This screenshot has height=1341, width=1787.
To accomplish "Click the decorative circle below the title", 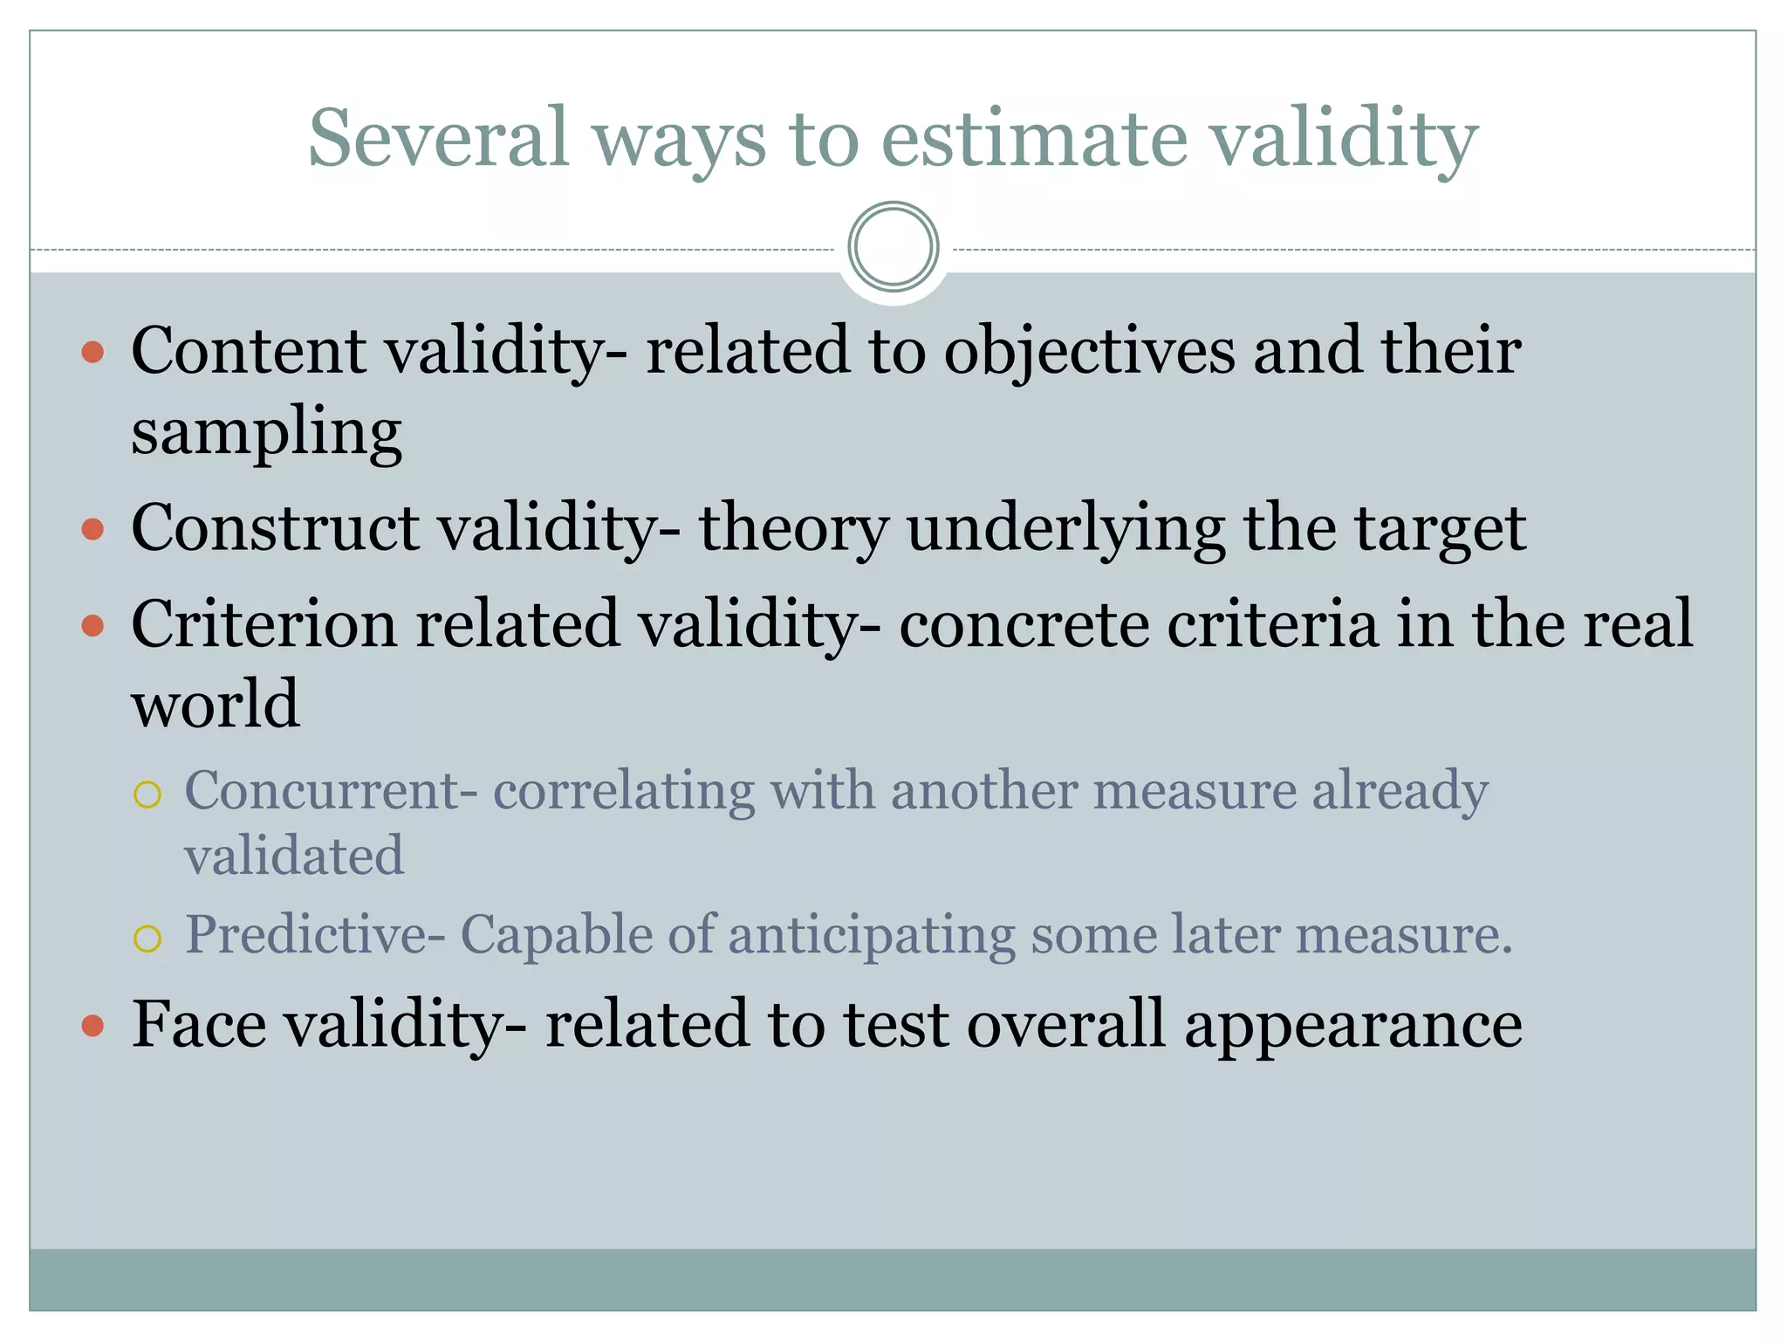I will point(893,246).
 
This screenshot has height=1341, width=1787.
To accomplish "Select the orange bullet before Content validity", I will point(92,353).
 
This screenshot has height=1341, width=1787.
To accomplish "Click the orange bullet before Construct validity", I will point(92,529).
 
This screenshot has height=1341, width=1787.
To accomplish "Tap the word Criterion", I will point(264,625).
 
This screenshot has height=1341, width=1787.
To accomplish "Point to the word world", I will point(216,704).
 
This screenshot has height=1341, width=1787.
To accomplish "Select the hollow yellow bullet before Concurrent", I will point(147,794).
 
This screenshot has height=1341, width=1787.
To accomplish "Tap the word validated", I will point(294,856).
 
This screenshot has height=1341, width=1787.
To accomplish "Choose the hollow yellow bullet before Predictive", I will point(147,939).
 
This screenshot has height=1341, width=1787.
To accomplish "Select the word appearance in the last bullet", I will point(1353,1025).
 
